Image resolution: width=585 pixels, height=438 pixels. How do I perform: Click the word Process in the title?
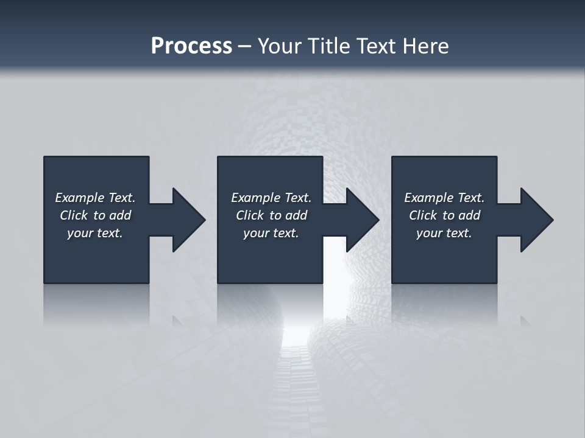[x=191, y=46]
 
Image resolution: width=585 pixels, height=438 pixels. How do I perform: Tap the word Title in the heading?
[x=329, y=46]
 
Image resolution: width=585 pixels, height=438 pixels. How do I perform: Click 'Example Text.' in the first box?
[x=95, y=198]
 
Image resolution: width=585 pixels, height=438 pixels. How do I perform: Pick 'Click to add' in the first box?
[x=95, y=215]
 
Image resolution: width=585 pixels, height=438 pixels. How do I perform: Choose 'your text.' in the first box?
[x=95, y=233]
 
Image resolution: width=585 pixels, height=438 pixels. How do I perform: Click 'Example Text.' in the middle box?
[x=271, y=198]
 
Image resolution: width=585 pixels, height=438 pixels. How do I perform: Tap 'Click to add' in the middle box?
[x=271, y=215]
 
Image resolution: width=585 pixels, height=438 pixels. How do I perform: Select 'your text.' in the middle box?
[x=271, y=233]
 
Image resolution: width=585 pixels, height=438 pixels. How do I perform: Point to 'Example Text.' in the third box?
[x=444, y=198]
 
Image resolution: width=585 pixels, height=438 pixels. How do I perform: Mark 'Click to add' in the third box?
[x=444, y=215]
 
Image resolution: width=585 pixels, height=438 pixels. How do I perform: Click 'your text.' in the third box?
[x=444, y=233]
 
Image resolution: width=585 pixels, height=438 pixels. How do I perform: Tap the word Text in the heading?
[x=377, y=46]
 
